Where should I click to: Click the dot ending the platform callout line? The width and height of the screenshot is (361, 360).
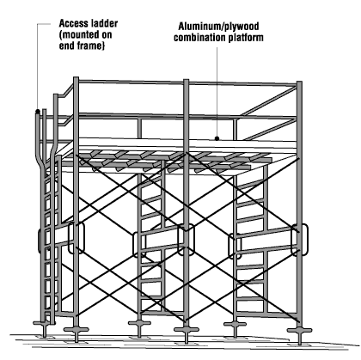pyautogui.click(x=219, y=137)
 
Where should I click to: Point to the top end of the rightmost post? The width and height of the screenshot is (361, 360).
pyautogui.click(x=300, y=83)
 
